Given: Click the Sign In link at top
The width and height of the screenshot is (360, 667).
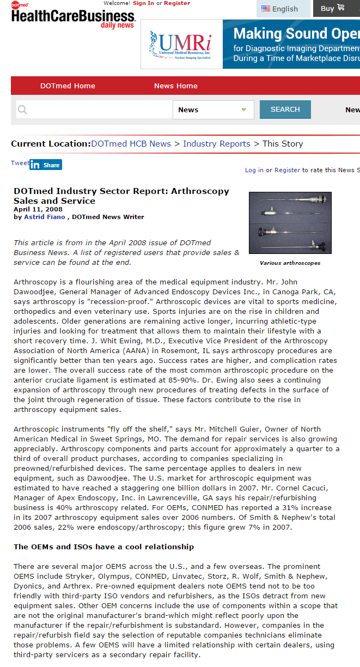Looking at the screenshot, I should pos(143,3).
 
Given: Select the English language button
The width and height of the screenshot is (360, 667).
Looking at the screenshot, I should pos(280,8).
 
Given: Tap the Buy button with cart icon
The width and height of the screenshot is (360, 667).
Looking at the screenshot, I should pos(332,8).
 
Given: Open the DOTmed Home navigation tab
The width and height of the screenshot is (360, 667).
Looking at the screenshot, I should pos(68,86).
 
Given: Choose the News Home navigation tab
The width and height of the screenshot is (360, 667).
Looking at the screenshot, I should pos(175,86).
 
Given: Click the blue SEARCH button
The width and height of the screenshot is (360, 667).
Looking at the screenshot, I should pos(285,109).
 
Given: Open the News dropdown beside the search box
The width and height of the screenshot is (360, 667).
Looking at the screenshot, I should pos(213,110).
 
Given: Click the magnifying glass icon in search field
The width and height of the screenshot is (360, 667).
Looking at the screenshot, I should pos(22,110).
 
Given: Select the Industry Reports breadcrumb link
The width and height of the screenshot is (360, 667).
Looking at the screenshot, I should pos(217,144).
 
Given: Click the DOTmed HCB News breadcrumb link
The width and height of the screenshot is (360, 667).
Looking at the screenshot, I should pos(131,144).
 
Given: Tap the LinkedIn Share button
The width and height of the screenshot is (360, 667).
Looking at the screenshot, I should pos(46,165).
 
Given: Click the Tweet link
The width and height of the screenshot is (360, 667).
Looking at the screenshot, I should pos(20,163).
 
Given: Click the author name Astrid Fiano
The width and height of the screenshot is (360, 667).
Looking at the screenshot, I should pos(45,217).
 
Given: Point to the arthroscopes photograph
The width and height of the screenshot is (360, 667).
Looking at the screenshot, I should pos(290,223).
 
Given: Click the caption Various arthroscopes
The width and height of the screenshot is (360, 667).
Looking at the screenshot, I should pos(290,263).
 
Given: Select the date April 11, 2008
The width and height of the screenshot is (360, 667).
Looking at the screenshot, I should pos(38,209).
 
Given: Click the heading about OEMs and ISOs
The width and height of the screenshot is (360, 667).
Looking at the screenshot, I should pos(103,547).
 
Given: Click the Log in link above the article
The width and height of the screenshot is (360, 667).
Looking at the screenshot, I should pos(254,170).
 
